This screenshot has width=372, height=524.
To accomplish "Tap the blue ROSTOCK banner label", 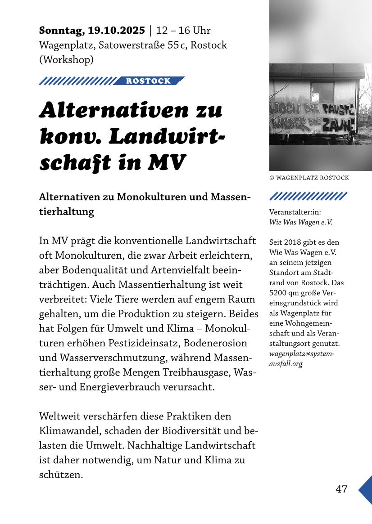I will click(x=148, y=81).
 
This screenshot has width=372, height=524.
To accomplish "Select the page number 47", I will click(x=341, y=489).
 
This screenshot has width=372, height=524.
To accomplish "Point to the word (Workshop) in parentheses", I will click(x=66, y=59).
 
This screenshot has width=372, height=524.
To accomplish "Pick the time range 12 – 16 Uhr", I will click(x=183, y=31).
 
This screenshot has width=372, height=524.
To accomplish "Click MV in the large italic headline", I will click(x=168, y=163).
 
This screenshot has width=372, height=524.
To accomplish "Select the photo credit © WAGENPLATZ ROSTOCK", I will click(x=309, y=178).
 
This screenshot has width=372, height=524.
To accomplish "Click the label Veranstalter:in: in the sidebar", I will click(x=295, y=212).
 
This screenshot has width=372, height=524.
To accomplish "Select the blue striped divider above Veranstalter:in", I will click(x=308, y=196).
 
